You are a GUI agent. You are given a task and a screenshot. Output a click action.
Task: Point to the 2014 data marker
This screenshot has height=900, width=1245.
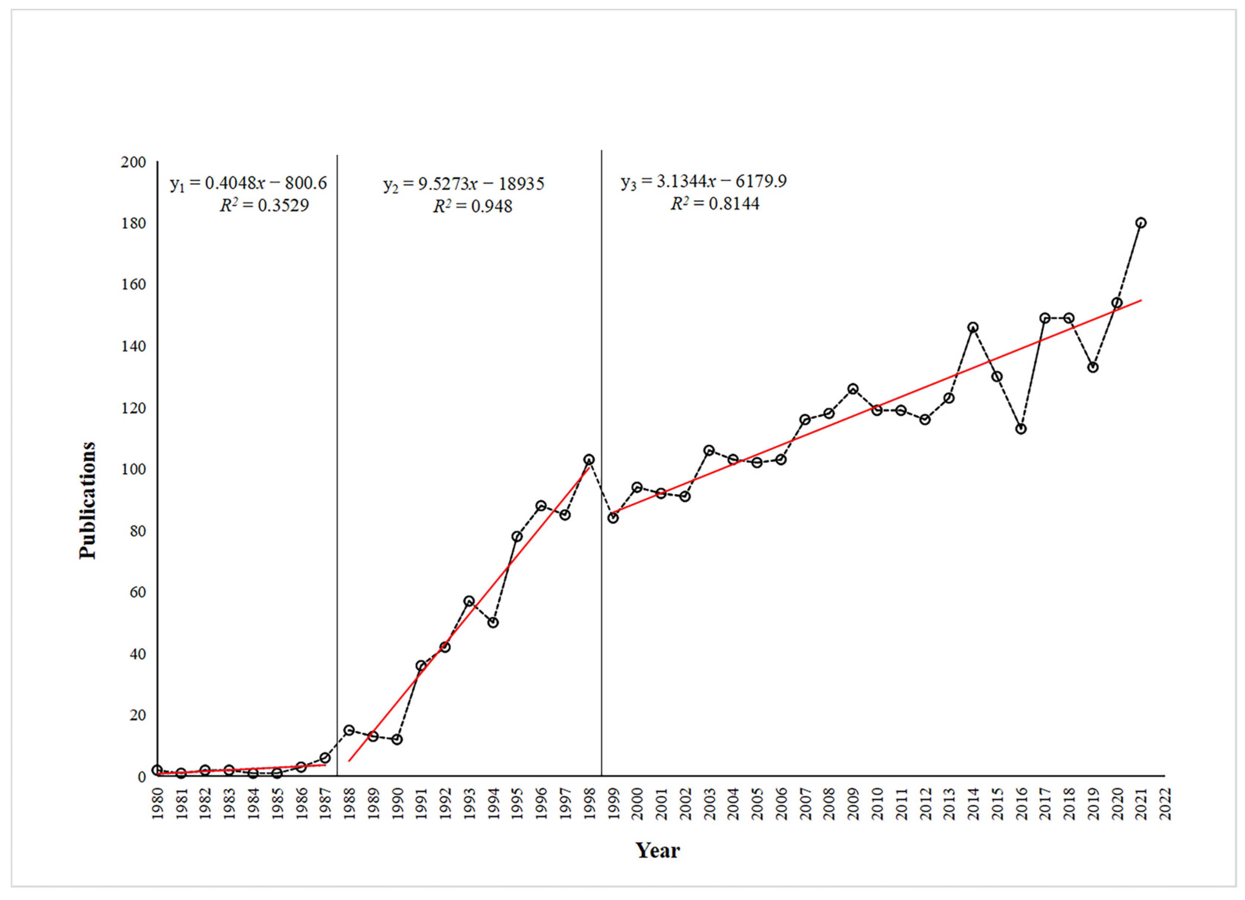973,328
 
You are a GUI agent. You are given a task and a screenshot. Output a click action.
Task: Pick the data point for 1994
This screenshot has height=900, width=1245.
493,623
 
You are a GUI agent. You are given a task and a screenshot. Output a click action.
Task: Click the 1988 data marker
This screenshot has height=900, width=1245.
349,730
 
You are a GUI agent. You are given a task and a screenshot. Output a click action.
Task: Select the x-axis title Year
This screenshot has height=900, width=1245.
658,850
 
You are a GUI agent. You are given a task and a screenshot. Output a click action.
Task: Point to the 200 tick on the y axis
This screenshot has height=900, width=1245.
133,163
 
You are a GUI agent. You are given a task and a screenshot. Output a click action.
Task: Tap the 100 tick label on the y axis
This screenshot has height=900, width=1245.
133,470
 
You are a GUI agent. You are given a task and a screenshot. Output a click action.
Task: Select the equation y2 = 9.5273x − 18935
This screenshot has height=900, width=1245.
464,184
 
